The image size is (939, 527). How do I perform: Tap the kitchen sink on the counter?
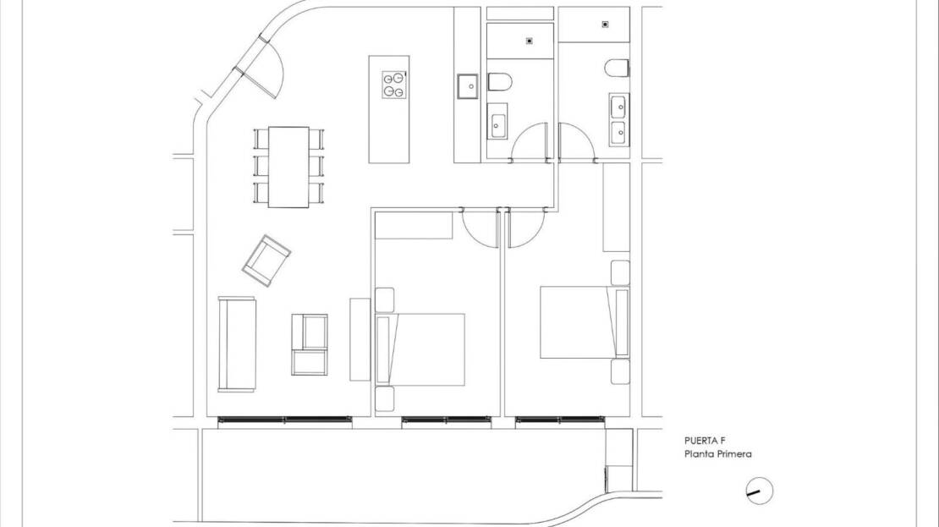[468, 85]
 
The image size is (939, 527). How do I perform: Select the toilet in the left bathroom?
[499, 82]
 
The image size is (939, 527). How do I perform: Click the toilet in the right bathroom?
[617, 68]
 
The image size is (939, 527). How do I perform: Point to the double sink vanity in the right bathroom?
[619, 119]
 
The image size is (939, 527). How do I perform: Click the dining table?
[288, 167]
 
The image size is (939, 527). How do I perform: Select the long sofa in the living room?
[237, 344]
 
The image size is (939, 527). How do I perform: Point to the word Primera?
[734, 454]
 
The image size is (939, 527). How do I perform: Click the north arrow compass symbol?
[760, 491]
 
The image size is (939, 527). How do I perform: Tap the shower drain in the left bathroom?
[530, 41]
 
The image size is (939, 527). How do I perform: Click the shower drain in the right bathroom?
[606, 25]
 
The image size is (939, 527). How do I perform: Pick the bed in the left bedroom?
[420, 349]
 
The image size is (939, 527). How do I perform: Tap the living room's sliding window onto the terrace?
[284, 420]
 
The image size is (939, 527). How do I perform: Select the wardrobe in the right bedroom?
[616, 206]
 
